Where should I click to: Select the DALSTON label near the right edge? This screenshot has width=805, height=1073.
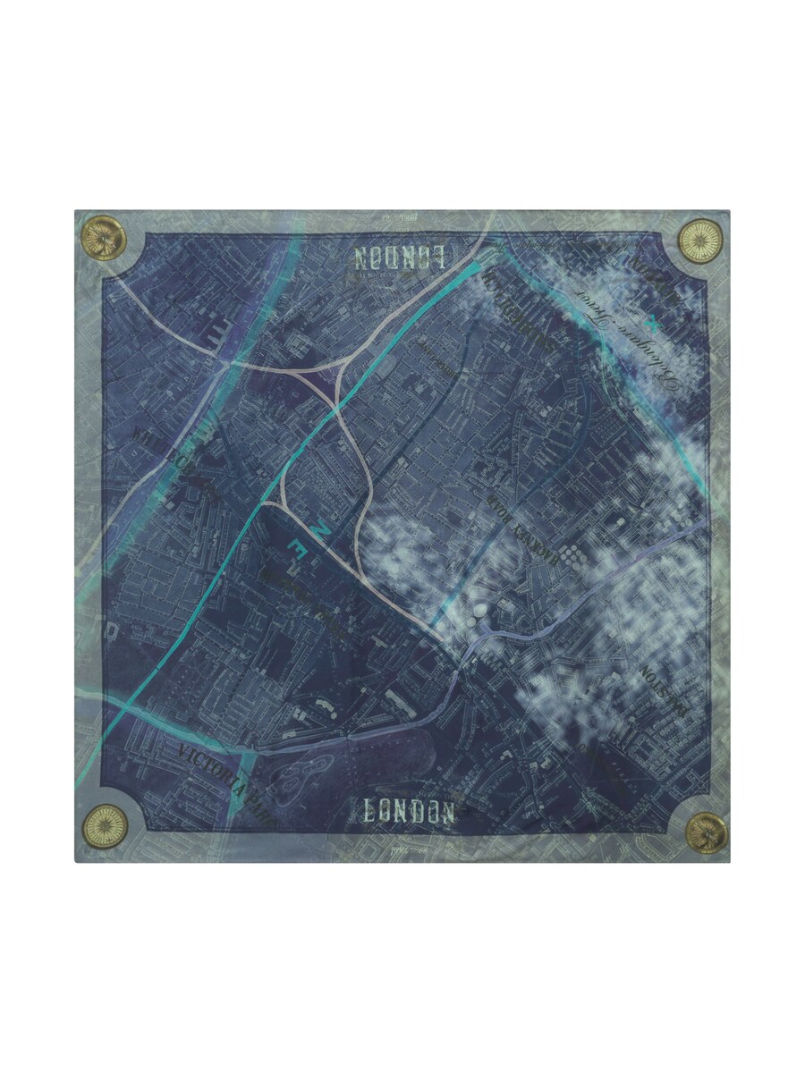pos(666,689)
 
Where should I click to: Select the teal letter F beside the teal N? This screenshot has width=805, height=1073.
pos(301,546)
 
